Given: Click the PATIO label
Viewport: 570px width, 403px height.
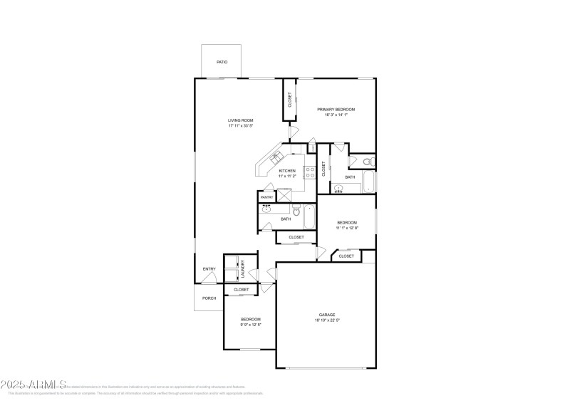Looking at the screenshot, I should tap(222, 63).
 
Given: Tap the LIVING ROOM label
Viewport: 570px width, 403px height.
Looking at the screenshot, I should tap(240, 120).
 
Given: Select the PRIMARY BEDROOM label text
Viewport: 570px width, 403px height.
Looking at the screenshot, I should tap(336, 109).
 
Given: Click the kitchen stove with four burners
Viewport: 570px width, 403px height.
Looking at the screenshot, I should tap(310, 171).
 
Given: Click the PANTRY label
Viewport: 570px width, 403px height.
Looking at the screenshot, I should tap(266, 197).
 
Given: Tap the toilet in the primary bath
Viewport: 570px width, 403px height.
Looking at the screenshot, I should tap(367, 162).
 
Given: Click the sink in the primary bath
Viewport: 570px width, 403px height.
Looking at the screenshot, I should tap(338, 189).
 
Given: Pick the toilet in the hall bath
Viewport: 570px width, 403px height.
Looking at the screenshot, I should tap(295, 211).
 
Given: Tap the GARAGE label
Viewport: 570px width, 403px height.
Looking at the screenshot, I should tap(326, 315).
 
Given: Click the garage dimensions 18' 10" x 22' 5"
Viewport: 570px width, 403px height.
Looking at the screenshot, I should tap(326, 321).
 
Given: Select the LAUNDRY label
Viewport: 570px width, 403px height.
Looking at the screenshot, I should tap(242, 268).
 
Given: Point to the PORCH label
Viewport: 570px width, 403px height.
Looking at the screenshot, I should tap(209, 298).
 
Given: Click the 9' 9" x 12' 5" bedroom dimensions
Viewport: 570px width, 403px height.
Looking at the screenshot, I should tap(250, 325).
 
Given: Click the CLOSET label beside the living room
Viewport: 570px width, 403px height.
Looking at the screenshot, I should tap(290, 100).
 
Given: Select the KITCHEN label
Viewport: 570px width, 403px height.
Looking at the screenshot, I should tap(287, 171).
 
